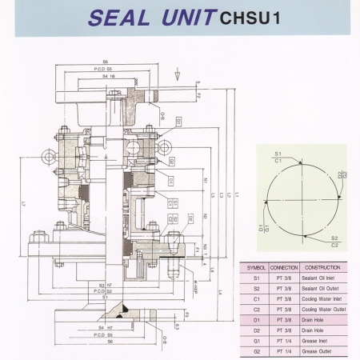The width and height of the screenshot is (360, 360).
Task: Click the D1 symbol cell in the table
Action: pyautogui.click(x=256, y=320)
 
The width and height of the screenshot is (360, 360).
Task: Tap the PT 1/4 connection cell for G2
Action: pyautogui.click(x=283, y=352)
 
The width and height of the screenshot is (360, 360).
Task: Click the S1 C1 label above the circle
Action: pyautogui.click(x=278, y=155)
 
